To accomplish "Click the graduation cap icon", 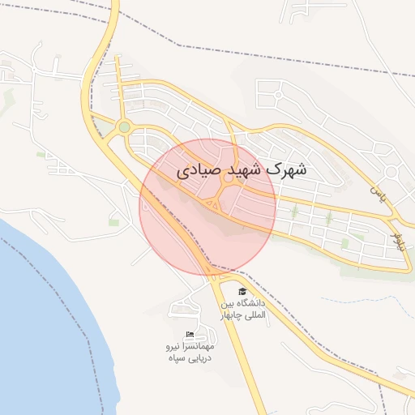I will coord(241,291).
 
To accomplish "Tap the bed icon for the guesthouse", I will coord(190,335).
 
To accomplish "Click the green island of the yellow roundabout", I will coord(124,127).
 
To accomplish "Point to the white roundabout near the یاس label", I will coord(391,172).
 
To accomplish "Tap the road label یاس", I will coord(375,193).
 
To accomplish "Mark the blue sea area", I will coord(41,324).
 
